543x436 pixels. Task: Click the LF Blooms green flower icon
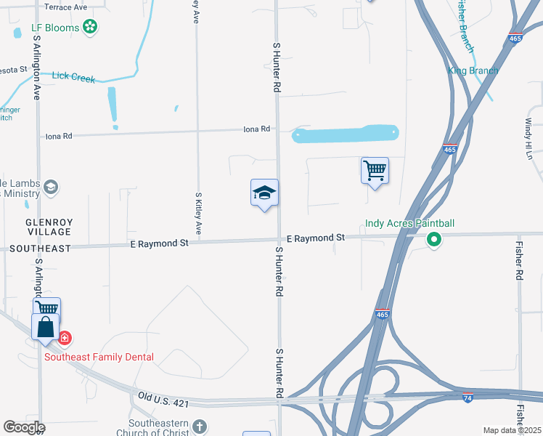pos(90,28)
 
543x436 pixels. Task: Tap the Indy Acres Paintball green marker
pos(434,239)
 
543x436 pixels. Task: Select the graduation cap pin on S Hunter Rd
pos(264,193)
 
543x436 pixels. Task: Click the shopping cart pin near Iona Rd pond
pos(375,171)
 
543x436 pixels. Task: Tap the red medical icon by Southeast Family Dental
pos(64,338)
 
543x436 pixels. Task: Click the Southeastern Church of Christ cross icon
pos(200,427)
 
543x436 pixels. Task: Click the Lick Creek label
pos(73,77)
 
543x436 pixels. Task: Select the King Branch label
pos(473,70)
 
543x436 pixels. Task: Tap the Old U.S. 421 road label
pos(166,397)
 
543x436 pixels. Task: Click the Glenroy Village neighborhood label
pos(49,227)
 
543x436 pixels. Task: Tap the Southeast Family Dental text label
pos(99,357)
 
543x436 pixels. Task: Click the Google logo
pos(24,427)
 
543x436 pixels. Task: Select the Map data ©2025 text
pos(511,430)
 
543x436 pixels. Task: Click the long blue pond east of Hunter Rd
pos(345,134)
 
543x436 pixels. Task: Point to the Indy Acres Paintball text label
pos(409,223)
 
